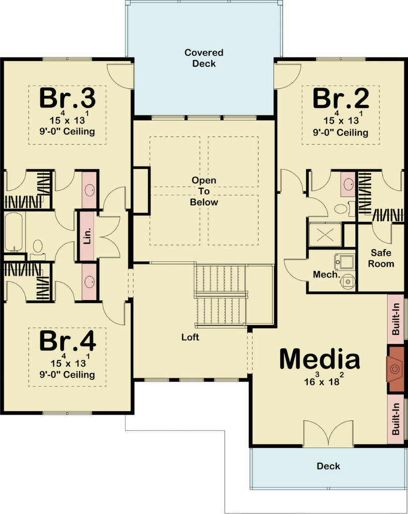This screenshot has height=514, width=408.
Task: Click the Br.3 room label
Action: pyautogui.click(x=67, y=98)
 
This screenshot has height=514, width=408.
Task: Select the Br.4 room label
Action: pyautogui.click(x=68, y=341)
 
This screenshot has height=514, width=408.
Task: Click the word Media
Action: pyautogui.click(x=320, y=359)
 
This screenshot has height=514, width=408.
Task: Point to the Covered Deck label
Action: pyautogui.click(x=204, y=58)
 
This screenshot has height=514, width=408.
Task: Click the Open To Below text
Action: pyautogui.click(x=204, y=191)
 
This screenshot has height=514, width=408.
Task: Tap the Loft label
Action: pyautogui.click(x=190, y=337)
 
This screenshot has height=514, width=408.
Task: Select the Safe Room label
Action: pyautogui.click(x=381, y=259)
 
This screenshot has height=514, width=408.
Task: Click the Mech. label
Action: pyautogui.click(x=326, y=275)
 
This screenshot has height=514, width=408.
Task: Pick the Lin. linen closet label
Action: pyautogui.click(x=87, y=236)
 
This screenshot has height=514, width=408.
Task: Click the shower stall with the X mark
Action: pyautogui.click(x=325, y=235)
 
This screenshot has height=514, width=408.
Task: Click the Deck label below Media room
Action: pyautogui.click(x=328, y=466)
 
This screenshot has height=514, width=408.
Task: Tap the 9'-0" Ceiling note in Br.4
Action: pyautogui.click(x=67, y=374)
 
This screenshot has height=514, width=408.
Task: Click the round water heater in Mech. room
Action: pyautogui.click(x=348, y=281)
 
